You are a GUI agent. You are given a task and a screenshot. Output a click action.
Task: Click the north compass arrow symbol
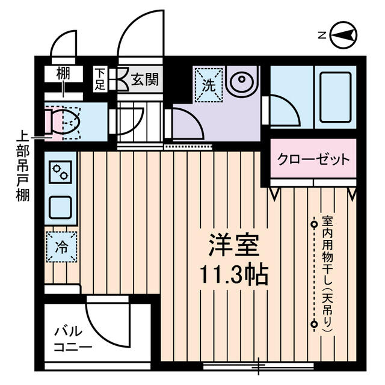[x=345, y=35]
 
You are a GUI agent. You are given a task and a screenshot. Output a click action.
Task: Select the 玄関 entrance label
[x=145, y=79]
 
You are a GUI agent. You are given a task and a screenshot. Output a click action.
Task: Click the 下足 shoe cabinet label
[x=100, y=79]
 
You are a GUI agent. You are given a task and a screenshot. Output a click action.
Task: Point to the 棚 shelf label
[x=63, y=75]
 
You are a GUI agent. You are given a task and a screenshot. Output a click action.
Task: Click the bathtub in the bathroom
[x=336, y=97]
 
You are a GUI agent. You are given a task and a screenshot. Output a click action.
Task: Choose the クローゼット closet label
[x=313, y=159]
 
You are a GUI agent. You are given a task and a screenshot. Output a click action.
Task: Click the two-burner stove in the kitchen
[x=60, y=173]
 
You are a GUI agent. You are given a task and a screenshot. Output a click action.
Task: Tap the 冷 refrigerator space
[x=61, y=247]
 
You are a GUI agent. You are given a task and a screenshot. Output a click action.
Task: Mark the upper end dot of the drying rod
[x=313, y=224]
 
